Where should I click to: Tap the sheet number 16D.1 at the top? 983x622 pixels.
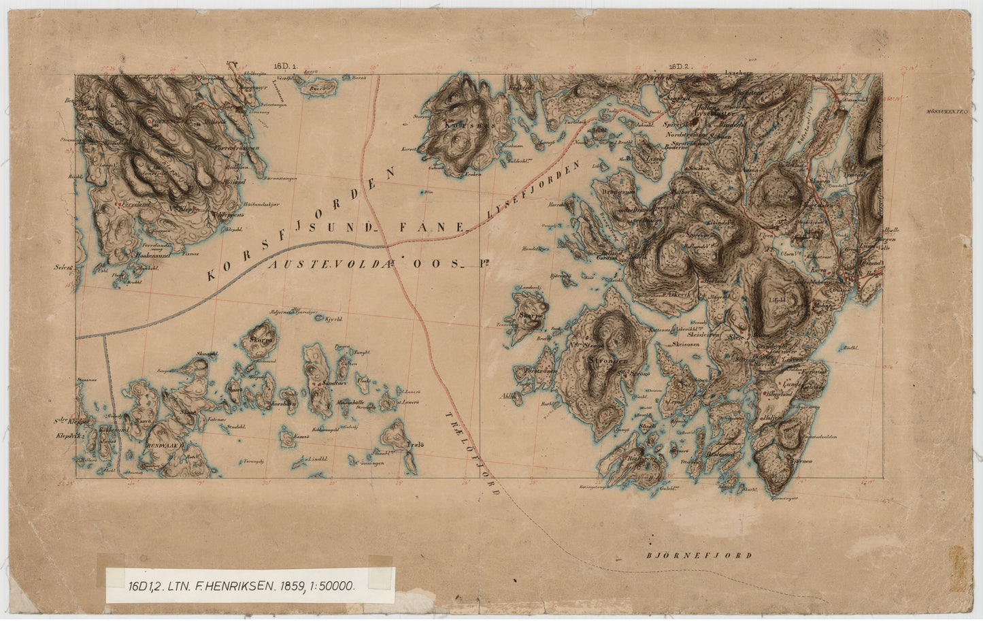(282, 66)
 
